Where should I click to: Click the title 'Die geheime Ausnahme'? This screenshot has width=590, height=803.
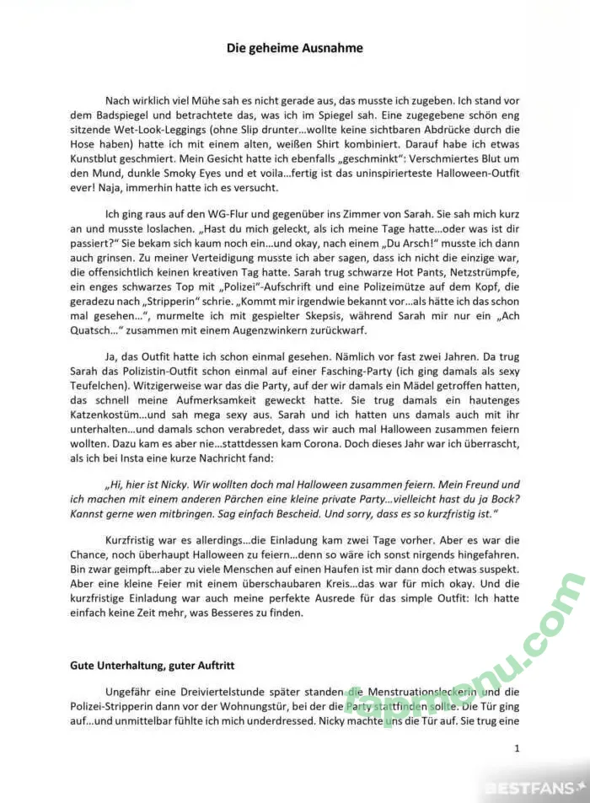(x=295, y=48)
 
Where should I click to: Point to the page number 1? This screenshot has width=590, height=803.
(x=517, y=747)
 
